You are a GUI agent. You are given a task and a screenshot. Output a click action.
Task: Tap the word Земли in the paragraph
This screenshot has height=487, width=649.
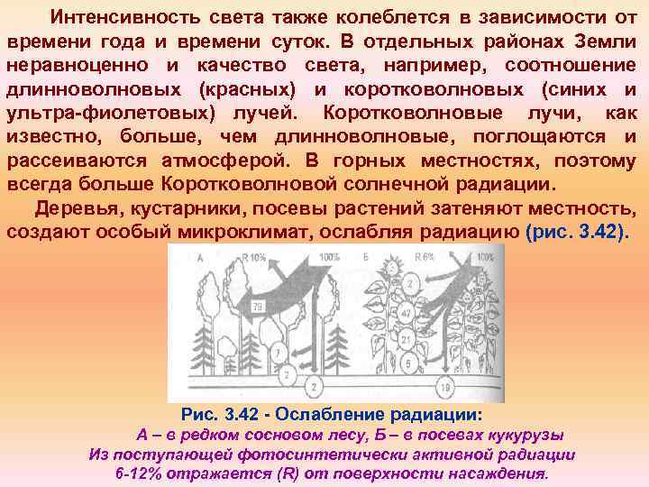608,41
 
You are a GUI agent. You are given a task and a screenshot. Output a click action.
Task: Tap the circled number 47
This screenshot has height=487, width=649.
407,315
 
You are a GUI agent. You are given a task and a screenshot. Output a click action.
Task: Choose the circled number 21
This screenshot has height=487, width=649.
407,340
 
